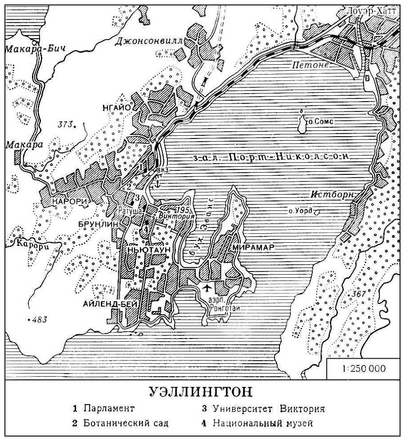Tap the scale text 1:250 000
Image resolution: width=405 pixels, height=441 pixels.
(364, 369)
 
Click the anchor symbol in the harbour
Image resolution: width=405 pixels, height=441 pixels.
(157, 183)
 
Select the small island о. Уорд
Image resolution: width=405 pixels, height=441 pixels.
(317, 211)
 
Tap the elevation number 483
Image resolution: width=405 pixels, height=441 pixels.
(39, 320)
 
